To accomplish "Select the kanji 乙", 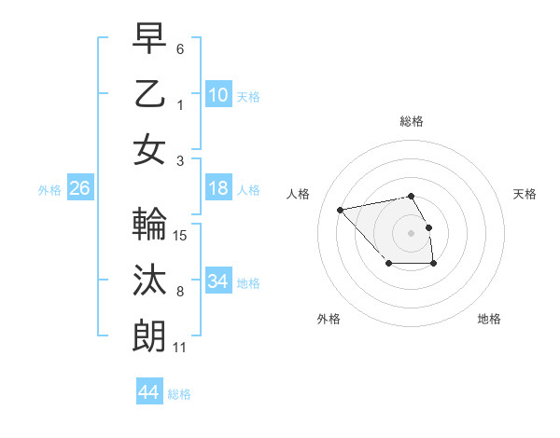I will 149,93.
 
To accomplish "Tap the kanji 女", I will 149,149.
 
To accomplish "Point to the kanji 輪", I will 149,225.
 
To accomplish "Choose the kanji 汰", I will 149,281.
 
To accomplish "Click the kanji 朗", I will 149,335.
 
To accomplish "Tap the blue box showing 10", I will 217,95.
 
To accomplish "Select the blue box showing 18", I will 217,189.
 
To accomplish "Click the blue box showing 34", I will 217,281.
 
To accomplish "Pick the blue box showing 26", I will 79,189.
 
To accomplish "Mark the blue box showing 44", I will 148,392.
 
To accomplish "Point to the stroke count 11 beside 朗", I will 180,348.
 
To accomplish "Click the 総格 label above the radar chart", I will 412,121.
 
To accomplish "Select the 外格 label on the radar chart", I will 329,319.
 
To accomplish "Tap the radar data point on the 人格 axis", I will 341,209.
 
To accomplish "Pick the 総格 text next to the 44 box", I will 179,394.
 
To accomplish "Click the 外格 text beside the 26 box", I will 49,190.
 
